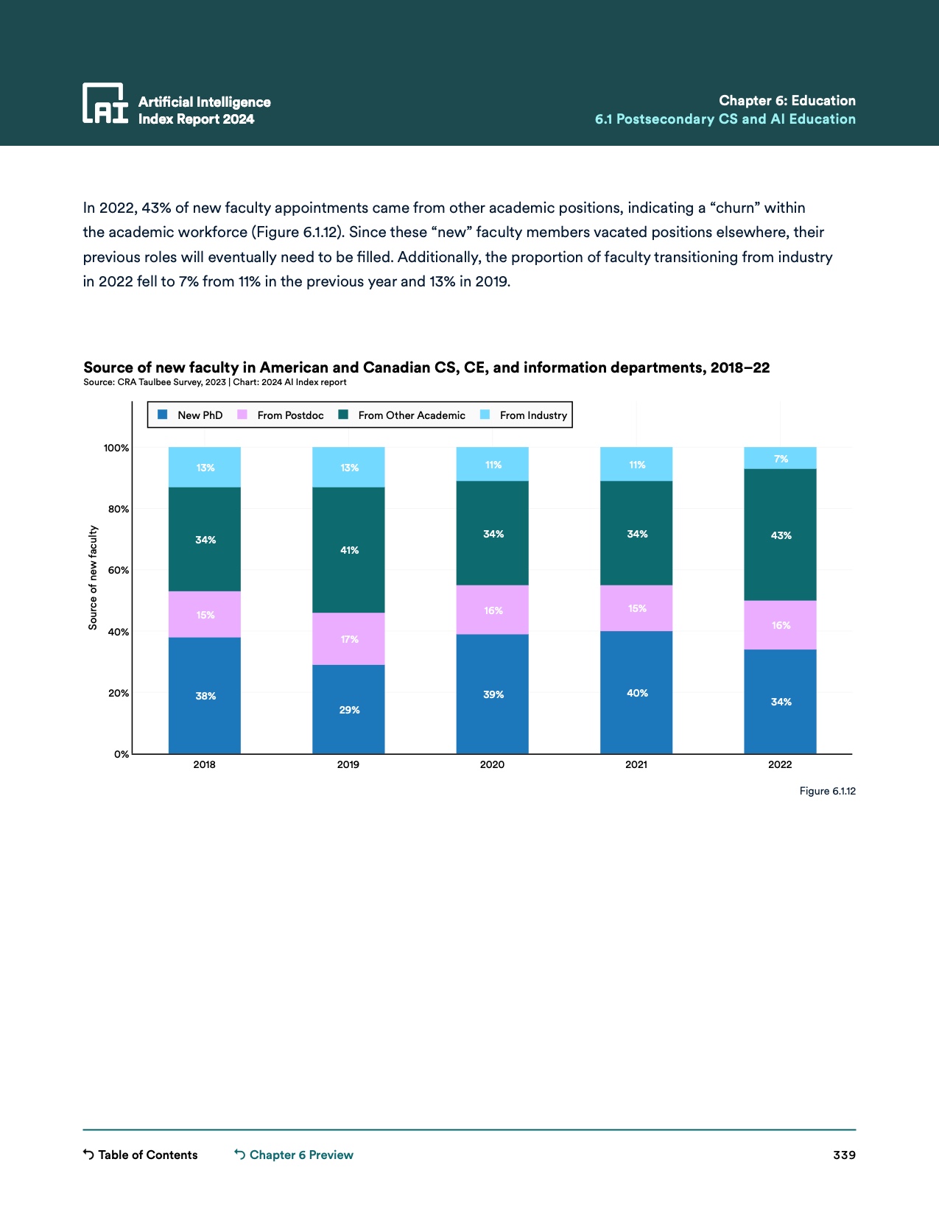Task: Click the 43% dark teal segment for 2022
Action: tap(780, 535)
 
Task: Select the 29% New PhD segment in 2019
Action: tap(348, 709)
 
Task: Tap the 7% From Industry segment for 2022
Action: tap(780, 458)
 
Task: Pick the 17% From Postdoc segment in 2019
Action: tap(348, 638)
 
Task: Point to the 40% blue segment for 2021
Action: tap(636, 692)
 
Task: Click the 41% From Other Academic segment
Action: tap(348, 549)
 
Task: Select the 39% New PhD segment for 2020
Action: tap(492, 694)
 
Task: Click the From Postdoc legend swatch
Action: tap(242, 415)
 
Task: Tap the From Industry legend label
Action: tap(533, 415)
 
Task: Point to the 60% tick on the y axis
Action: tap(118, 570)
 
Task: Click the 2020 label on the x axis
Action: tap(492, 764)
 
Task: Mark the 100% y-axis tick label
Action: tap(116, 448)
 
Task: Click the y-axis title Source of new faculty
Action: tap(93, 577)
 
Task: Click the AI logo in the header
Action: tap(105, 103)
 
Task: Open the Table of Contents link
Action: tap(141, 1155)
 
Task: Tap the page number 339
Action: tap(844, 1155)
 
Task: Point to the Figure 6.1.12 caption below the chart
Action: tap(827, 791)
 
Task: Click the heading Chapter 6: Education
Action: tap(787, 100)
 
